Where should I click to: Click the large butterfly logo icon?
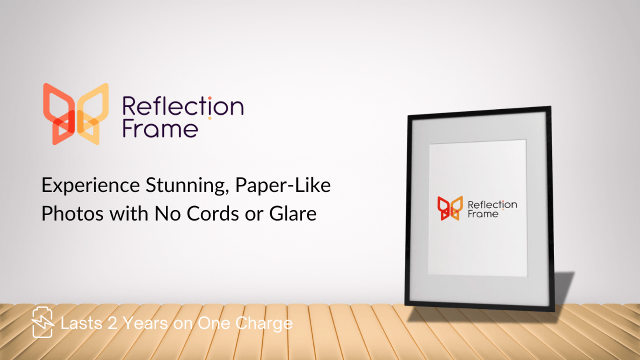76,114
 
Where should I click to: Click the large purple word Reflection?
183,106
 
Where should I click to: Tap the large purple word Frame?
160,129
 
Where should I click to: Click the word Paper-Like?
283,185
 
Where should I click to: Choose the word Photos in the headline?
72,214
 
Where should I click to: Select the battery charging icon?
43,322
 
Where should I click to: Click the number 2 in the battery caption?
113,323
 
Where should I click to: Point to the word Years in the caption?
146,323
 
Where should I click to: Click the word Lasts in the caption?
81,323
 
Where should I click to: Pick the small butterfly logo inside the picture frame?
450,208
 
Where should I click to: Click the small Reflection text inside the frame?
492,205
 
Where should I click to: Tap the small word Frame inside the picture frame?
483,214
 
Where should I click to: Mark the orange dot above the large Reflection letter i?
210,98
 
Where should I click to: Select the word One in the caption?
214,323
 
